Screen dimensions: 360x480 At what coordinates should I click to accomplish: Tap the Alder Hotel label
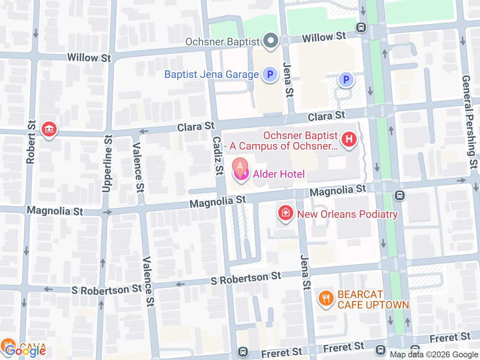279,174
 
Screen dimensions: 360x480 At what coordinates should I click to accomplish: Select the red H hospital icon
349,139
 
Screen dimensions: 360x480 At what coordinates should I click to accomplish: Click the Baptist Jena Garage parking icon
270,74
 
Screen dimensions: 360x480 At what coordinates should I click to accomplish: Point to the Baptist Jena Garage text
211,75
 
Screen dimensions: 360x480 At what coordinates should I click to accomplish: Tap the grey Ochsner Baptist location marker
270,40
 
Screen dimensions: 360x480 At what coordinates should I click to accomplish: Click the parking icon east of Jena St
346,79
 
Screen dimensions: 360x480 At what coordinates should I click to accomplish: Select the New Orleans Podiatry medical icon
285,213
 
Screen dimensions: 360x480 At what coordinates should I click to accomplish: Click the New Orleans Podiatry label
347,214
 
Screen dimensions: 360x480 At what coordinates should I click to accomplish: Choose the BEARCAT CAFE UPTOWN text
373,300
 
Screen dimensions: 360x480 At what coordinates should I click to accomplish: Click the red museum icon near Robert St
49,129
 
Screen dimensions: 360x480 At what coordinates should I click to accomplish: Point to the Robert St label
31,142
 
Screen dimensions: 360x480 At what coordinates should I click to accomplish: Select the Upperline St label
107,163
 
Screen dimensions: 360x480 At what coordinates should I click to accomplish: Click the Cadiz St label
218,155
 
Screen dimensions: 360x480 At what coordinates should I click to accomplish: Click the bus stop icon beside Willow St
361,27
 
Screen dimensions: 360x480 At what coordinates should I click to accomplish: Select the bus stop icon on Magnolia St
400,195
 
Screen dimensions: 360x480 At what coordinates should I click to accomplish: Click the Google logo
25,351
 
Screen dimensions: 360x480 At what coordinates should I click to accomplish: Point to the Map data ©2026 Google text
434,354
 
